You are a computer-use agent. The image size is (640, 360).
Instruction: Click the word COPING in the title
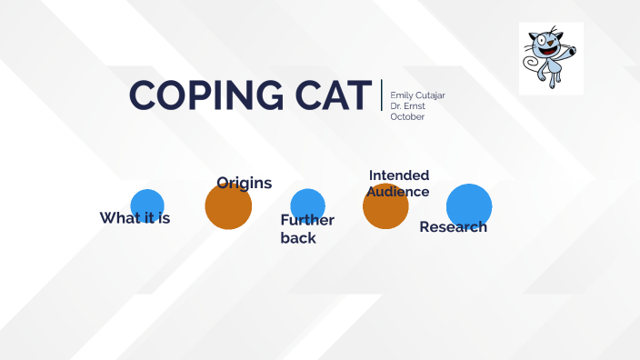tap(194, 95)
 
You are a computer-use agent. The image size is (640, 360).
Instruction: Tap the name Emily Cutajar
tap(417, 95)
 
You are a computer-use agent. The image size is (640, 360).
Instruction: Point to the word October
tap(407, 116)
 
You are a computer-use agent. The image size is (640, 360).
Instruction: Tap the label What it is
tap(135, 218)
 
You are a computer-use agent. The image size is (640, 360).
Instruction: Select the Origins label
tap(244, 183)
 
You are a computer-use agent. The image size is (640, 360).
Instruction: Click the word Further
tap(307, 220)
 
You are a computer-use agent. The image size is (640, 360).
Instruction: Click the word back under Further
tap(298, 237)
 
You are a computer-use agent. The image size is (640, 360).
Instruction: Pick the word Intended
tap(399, 175)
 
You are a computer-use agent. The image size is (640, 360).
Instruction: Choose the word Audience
tap(398, 191)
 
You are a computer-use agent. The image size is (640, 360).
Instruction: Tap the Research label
tap(453, 226)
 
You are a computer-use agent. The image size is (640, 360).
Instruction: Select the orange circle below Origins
tap(228, 209)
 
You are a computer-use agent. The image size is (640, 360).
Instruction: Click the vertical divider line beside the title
tap(382, 95)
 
